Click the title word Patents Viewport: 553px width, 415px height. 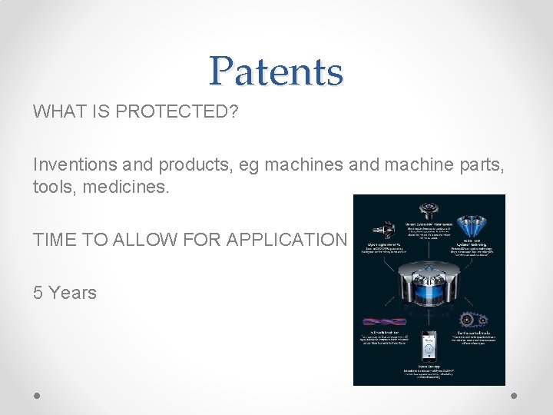tap(276, 71)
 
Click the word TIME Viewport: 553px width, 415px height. tap(54, 240)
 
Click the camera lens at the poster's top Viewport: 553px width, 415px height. tap(427, 210)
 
